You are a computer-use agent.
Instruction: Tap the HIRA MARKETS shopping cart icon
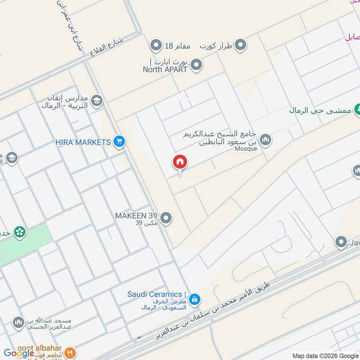(x=119, y=142)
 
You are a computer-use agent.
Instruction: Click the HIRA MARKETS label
(x=83, y=142)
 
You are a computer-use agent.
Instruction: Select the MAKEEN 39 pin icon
(x=166, y=219)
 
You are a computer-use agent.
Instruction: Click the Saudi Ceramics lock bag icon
(x=194, y=298)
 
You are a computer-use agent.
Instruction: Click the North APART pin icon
(x=196, y=66)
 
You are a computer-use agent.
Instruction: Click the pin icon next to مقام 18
(x=156, y=45)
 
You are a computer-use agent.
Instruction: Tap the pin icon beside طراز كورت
(x=241, y=45)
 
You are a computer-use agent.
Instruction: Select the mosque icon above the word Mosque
(x=266, y=140)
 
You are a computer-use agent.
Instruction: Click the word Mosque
(x=246, y=148)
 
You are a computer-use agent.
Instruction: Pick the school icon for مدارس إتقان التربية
(x=96, y=101)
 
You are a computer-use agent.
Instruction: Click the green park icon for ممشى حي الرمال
(x=358, y=109)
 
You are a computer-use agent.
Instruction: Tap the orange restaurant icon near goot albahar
(x=69, y=353)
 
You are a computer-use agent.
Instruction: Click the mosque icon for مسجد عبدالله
(x=18, y=323)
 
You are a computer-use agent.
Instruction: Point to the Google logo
(x=19, y=353)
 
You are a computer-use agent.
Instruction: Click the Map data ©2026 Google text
(x=325, y=355)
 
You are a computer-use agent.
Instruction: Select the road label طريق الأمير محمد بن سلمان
(x=216, y=310)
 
